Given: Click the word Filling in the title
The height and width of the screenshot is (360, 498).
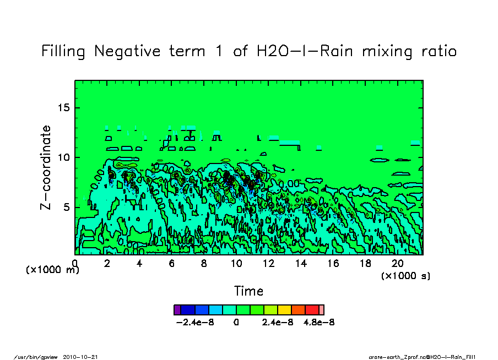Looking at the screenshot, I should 63,52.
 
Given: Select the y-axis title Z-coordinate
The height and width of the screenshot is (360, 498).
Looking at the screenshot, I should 46,167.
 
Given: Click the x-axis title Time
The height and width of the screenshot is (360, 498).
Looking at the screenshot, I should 248,291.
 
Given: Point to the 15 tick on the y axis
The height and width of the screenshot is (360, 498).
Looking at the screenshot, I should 64,107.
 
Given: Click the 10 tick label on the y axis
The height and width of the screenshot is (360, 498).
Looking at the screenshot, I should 64,157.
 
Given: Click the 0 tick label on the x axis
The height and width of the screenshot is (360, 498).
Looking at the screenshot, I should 75,264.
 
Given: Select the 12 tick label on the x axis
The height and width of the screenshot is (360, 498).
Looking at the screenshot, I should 268,264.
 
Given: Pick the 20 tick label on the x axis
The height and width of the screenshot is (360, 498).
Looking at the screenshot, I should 397,264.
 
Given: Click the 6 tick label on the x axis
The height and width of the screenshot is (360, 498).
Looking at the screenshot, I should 172,264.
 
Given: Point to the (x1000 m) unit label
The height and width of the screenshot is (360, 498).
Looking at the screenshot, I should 53,270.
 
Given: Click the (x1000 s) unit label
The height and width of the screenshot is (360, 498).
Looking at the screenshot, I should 405,275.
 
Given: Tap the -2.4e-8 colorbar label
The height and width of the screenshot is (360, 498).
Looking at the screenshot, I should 195,322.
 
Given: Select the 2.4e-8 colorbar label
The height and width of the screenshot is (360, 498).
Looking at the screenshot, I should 278,322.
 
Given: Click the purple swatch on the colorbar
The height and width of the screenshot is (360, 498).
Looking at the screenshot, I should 177,310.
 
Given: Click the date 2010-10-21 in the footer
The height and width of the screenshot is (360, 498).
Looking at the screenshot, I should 85,356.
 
